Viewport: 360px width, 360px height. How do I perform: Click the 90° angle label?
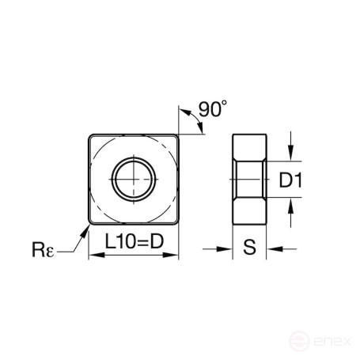pyautogui.click(x=211, y=111)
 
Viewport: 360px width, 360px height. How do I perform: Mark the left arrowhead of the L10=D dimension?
pyautogui.click(x=92, y=256)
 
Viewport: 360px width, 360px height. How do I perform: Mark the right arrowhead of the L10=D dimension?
pyautogui.click(x=174, y=256)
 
